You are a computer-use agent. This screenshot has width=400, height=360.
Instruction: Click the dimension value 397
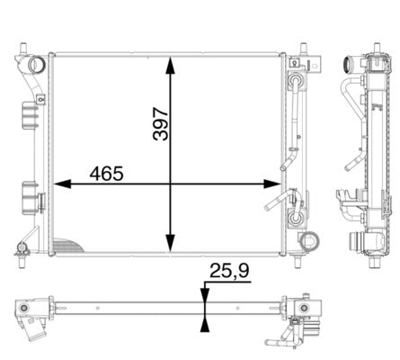click(x=160, y=123)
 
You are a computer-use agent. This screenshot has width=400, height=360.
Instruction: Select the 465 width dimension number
click(x=106, y=174)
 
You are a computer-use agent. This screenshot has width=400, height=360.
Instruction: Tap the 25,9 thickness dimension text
click(x=229, y=271)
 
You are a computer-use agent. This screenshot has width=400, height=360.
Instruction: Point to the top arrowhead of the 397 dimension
click(x=170, y=65)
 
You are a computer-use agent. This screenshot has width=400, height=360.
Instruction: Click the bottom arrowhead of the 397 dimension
click(x=170, y=243)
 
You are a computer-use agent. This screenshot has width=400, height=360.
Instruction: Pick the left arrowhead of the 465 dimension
click(x=63, y=184)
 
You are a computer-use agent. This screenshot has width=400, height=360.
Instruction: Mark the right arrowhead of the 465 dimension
click(x=271, y=184)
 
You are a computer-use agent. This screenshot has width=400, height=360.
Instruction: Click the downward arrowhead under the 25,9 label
click(x=205, y=294)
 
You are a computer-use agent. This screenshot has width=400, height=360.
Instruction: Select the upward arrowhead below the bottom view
click(x=205, y=324)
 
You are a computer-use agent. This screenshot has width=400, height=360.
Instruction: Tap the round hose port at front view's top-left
click(x=37, y=65)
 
